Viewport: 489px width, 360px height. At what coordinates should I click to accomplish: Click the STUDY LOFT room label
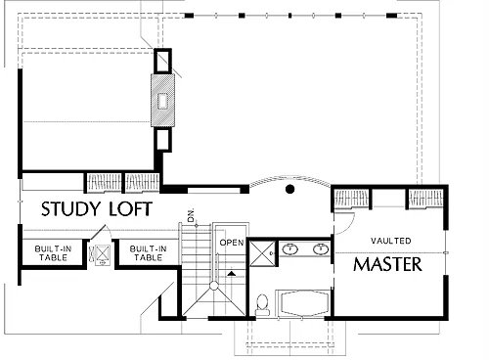click(97, 209)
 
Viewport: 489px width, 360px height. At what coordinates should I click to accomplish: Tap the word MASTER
click(387, 264)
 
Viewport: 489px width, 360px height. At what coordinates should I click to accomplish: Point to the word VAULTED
click(390, 241)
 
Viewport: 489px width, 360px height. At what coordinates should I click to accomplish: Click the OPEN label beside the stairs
click(232, 243)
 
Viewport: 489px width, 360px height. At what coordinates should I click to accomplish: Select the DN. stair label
click(191, 215)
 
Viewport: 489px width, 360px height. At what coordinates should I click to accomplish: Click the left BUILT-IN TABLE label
click(53, 253)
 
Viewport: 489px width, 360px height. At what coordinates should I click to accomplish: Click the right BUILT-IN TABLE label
click(149, 253)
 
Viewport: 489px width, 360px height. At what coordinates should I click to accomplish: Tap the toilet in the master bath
click(262, 305)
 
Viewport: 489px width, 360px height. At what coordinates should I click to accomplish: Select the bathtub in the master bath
click(304, 303)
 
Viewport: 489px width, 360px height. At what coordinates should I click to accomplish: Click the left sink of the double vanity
click(289, 249)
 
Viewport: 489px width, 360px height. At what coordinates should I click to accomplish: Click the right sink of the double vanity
click(321, 249)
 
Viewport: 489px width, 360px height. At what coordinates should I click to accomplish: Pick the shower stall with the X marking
click(262, 253)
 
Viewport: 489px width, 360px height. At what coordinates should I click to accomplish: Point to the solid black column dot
click(289, 189)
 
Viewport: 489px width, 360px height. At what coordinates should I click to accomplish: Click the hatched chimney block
click(162, 100)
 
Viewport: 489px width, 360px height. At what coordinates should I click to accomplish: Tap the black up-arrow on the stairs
click(231, 273)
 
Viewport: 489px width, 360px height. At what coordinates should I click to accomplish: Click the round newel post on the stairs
click(214, 286)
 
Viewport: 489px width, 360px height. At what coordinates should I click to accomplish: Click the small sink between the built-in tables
click(102, 254)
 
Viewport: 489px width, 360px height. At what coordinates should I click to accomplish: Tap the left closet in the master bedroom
click(351, 199)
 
